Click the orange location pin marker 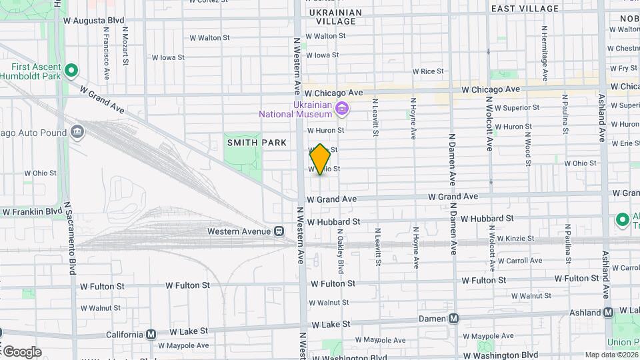(320, 159)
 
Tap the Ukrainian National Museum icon (343, 107)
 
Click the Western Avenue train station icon (279, 231)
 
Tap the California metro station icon (151, 334)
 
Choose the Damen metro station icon (453, 319)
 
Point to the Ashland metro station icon (608, 312)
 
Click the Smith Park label (257, 143)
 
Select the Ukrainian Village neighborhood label (335, 17)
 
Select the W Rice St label (428, 71)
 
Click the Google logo (21, 351)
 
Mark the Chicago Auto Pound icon (78, 132)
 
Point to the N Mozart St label (125, 47)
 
